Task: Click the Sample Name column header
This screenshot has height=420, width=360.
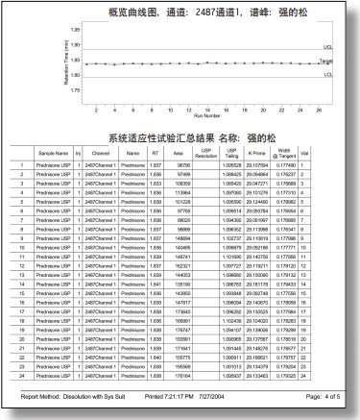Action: click(53, 153)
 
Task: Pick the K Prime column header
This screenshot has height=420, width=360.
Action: click(256, 153)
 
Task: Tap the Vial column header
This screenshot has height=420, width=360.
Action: click(305, 153)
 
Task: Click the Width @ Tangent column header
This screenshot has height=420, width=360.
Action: click(283, 153)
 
